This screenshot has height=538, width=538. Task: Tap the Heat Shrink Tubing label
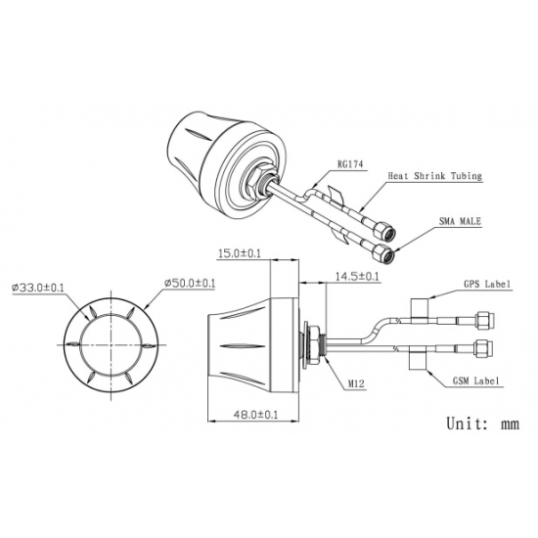434,176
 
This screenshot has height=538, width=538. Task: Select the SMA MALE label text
460,221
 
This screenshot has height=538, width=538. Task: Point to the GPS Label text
487,284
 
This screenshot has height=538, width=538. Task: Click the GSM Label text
476,381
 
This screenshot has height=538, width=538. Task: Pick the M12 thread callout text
356,384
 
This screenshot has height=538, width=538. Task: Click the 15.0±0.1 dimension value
240,253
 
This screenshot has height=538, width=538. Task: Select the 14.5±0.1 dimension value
357,276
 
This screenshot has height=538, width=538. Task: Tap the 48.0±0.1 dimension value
255,415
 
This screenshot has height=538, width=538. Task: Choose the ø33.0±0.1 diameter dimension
38,288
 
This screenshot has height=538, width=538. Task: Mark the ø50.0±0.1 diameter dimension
190,283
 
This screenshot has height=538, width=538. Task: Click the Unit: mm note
483,424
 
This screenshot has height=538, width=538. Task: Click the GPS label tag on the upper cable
420,311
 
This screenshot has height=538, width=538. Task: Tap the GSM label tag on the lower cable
417,358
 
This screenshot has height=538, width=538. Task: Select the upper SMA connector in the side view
484,320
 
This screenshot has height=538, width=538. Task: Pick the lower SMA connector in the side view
483,348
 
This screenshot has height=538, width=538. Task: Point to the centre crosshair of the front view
111,344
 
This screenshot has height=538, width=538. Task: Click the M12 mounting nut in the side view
313,345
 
